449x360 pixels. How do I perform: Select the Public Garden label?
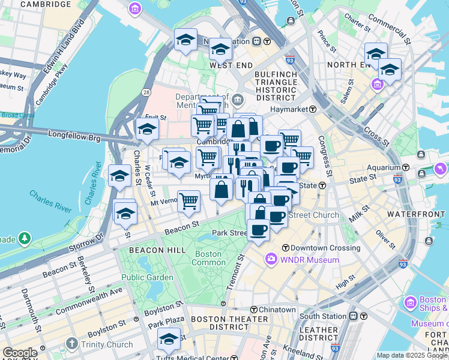(x=147, y=277)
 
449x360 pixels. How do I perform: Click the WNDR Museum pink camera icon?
(x=271, y=259)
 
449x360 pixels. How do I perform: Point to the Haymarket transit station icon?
(x=313, y=109)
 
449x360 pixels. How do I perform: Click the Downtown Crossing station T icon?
(x=286, y=248)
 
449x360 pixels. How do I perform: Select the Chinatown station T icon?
(x=254, y=310)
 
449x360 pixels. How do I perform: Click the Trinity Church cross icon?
(x=72, y=344)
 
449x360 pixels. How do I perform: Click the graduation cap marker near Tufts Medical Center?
(x=169, y=340)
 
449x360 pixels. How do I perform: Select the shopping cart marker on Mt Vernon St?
(x=188, y=201)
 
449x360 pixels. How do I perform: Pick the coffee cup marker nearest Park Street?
(x=259, y=230)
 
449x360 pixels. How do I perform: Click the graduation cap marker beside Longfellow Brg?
(x=146, y=129)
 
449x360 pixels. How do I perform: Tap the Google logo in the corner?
(x=20, y=353)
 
